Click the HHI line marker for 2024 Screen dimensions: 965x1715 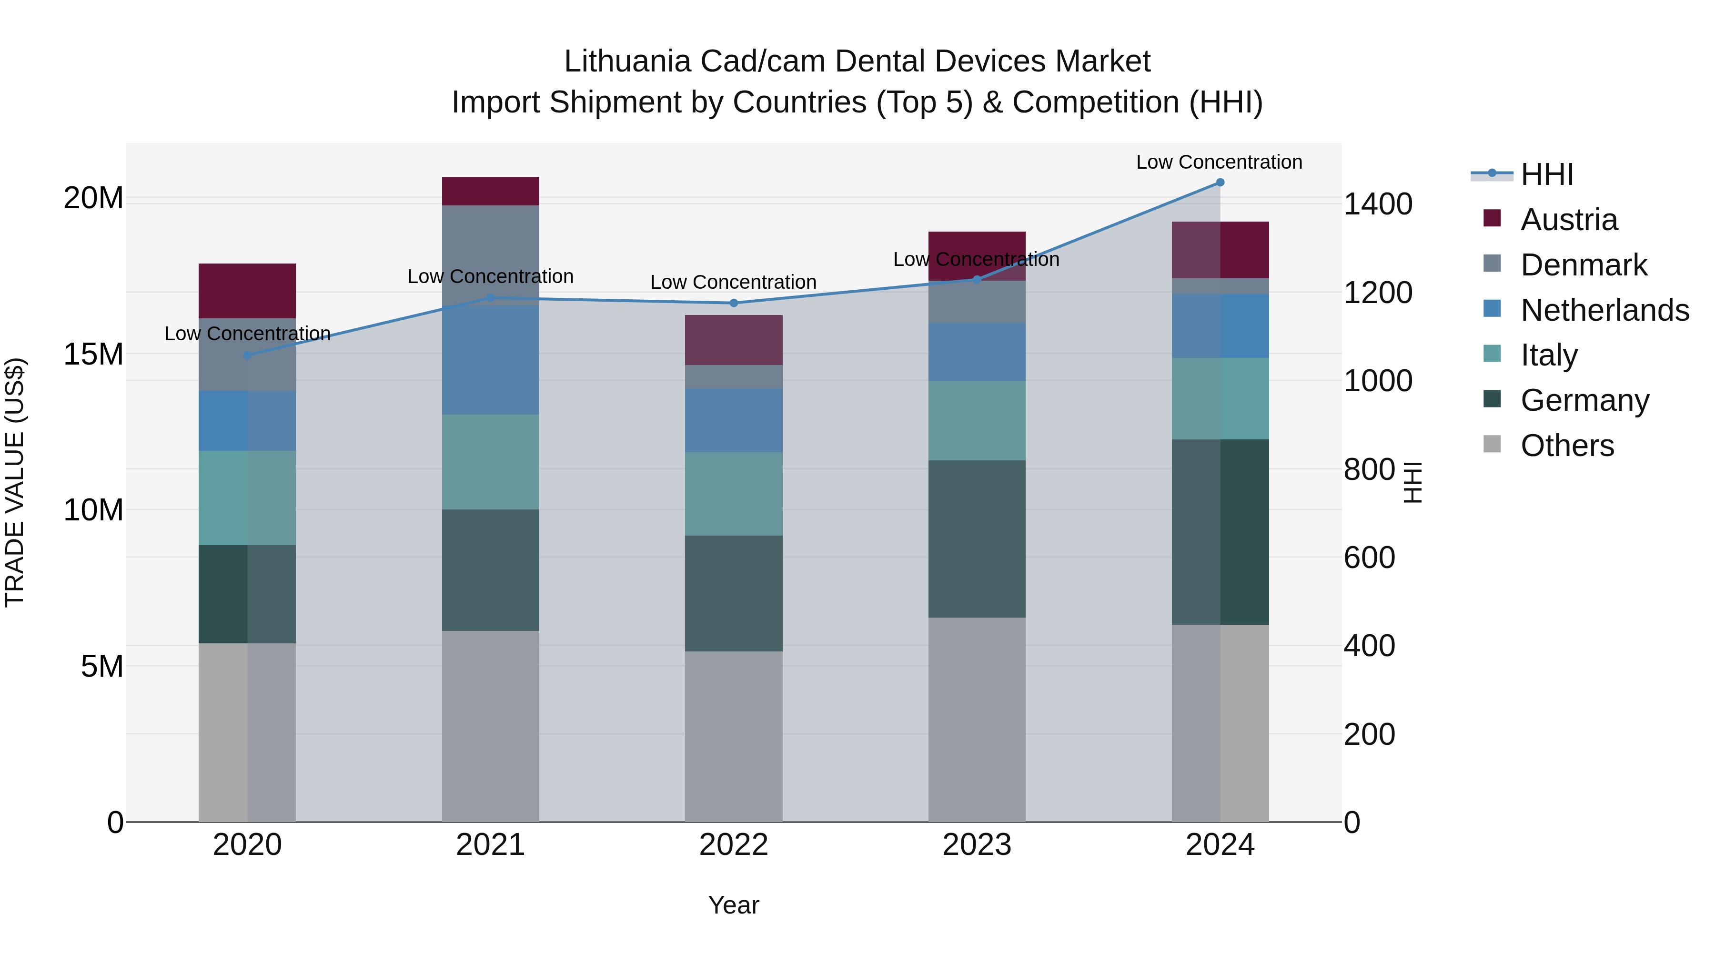click(1220, 183)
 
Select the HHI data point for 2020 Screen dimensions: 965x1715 click(247, 355)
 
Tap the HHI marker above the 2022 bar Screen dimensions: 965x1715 click(734, 303)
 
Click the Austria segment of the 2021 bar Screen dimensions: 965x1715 click(490, 191)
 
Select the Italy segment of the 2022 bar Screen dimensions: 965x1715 click(734, 494)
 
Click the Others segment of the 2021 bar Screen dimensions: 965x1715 click(490, 726)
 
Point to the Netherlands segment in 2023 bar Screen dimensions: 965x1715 click(977, 352)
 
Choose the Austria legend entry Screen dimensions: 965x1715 click(1569, 220)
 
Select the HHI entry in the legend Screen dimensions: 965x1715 click(1546, 174)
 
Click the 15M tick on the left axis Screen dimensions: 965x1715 click(93, 354)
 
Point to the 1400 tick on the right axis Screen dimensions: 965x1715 click(1377, 204)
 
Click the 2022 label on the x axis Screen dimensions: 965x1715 click(734, 845)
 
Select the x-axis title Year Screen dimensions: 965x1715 click(734, 905)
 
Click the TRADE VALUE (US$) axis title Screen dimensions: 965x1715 click(15, 482)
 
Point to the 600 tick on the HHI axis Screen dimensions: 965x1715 click(1369, 558)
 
